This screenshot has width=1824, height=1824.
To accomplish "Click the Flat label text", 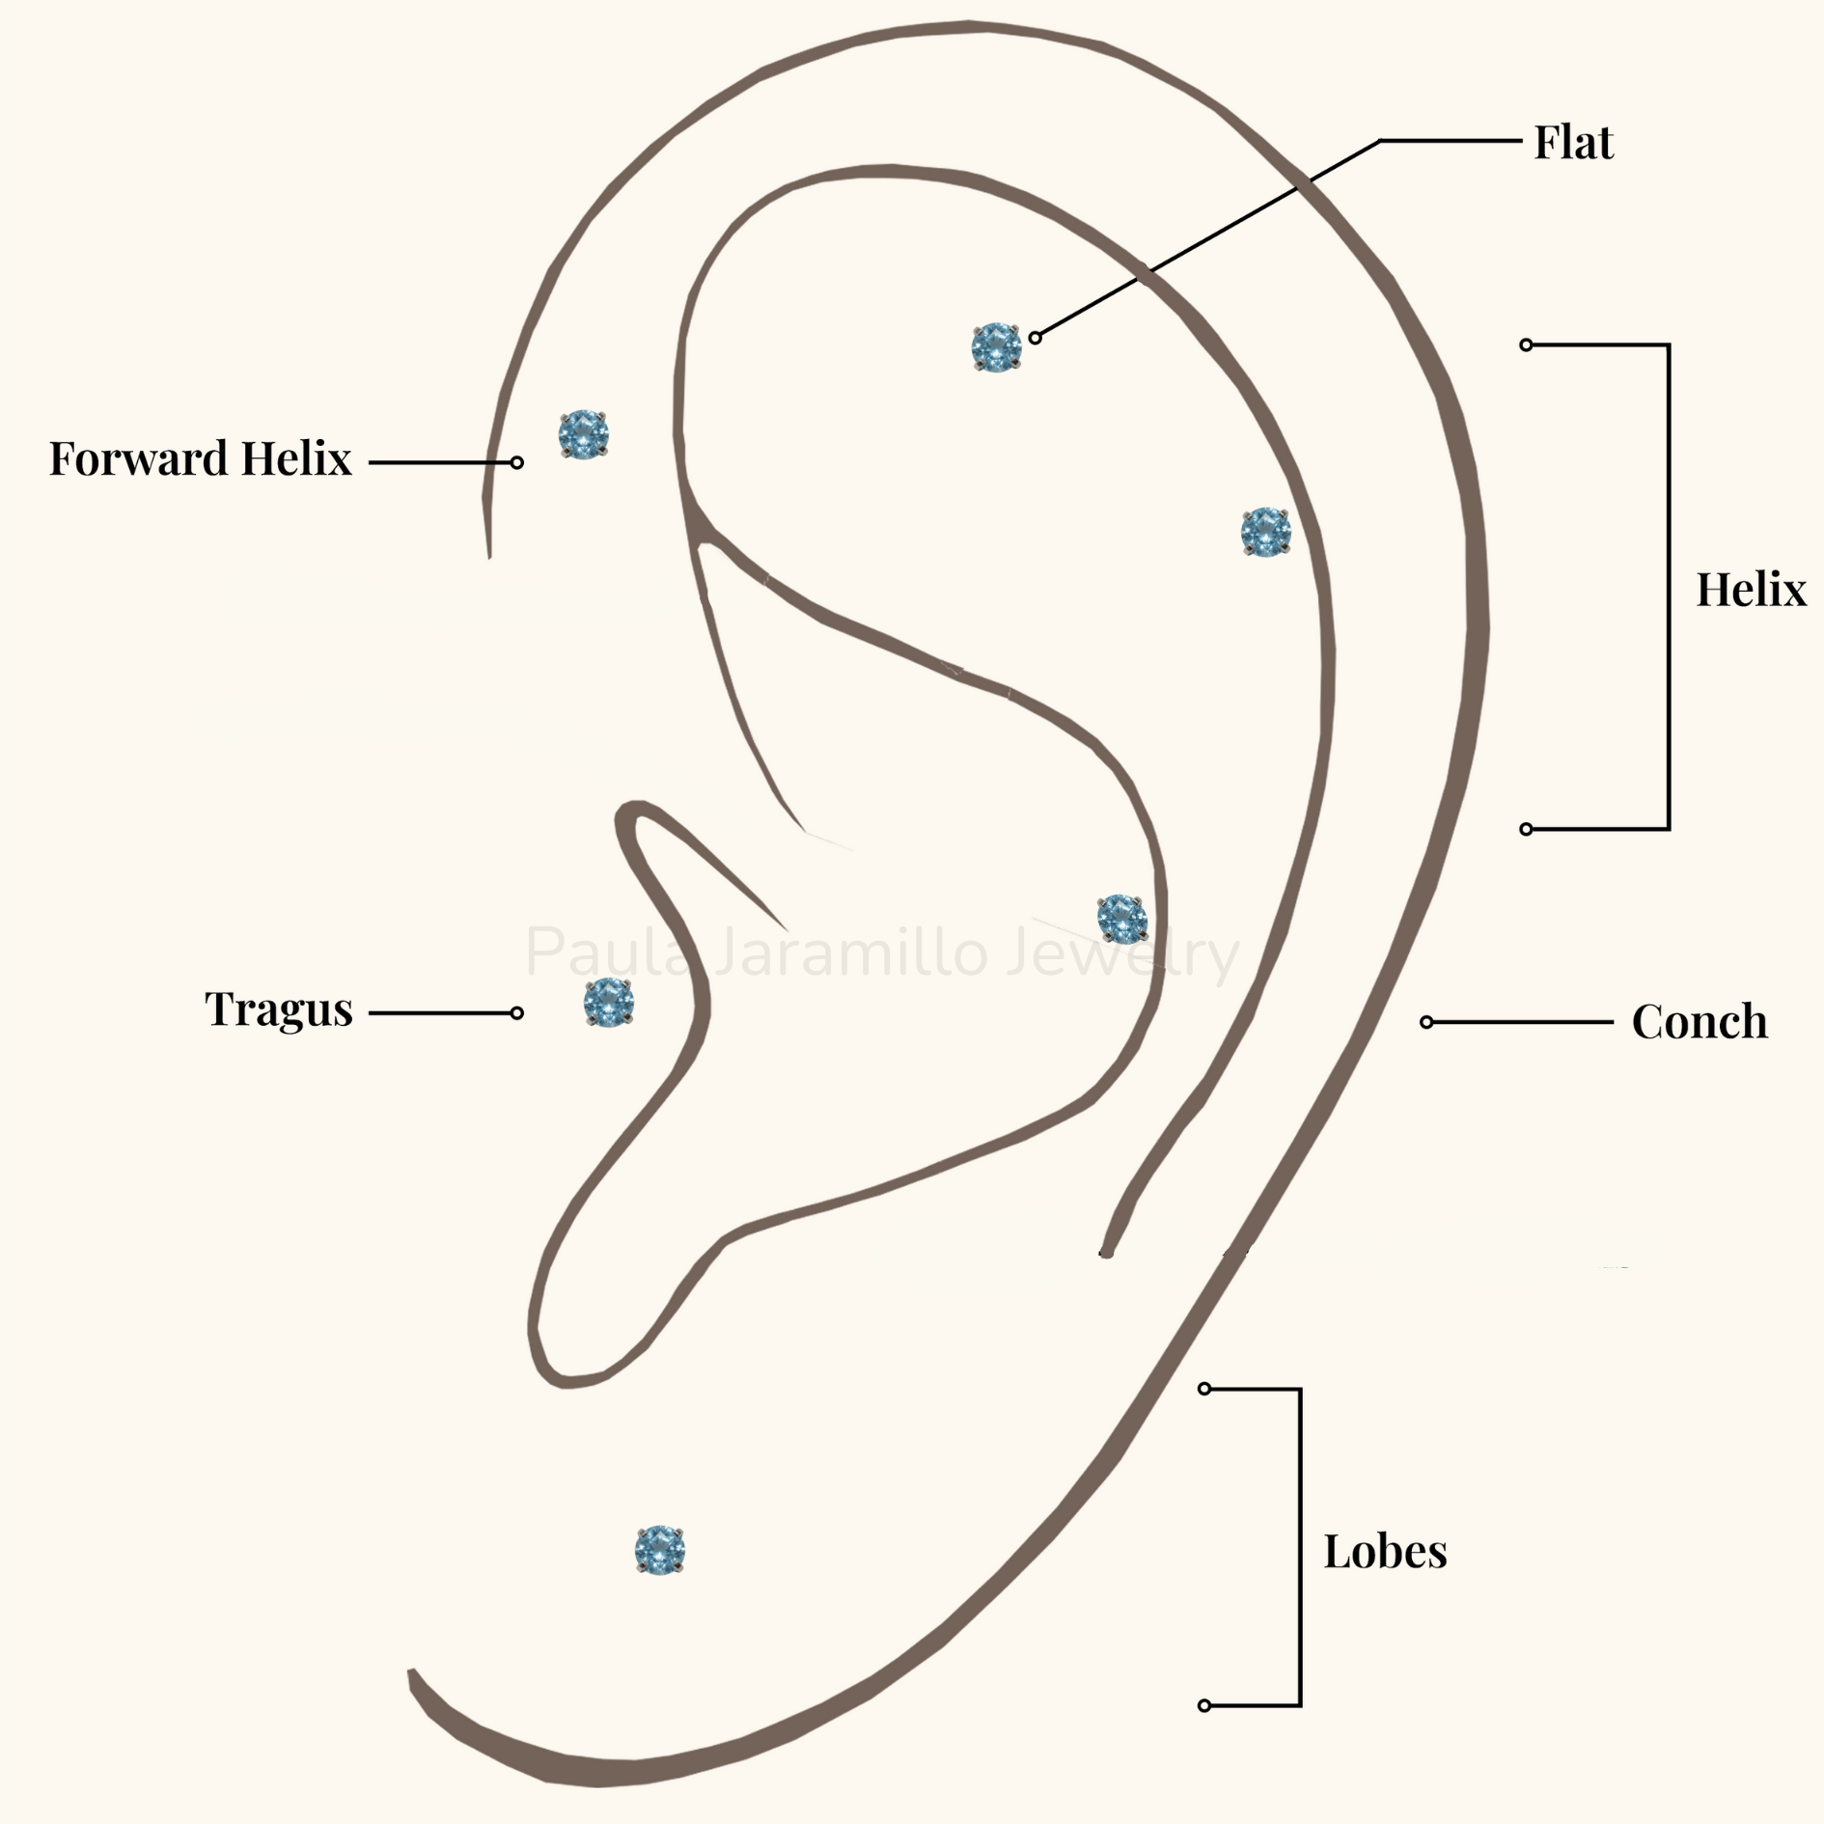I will coord(1573,143).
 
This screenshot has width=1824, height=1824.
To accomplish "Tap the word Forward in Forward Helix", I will coord(138,458).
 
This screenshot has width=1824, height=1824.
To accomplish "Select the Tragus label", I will coord(279,1009).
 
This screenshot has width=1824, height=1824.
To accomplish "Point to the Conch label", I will coord(1700,1021).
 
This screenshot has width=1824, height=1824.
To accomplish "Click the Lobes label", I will coord(1385,1551).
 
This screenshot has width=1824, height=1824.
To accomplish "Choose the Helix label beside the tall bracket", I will coord(1751,589).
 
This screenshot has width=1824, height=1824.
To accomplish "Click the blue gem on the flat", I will coord(996,347).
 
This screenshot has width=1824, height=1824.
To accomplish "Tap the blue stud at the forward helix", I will coord(583,434).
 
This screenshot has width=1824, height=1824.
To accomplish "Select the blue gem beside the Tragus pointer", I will coord(608,1002).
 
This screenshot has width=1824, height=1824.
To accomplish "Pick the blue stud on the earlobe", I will coord(659,1550).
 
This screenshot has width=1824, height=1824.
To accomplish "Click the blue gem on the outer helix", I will coord(1265,532).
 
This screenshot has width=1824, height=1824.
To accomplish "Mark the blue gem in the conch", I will coord(1121,919).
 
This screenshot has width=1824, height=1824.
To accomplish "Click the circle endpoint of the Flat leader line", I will coord(1035,338).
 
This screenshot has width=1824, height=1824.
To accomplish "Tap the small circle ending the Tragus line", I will coord(517,1013).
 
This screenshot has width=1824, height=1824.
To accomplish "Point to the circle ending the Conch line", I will coord(1426,1022).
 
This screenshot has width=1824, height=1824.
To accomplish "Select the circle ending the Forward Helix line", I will coord(517,463).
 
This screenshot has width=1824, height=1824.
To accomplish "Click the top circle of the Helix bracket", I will coord(1526,345).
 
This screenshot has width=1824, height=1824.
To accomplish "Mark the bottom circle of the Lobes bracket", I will coord(1203,1705).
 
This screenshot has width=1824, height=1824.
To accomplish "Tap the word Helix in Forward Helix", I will coord(296,458).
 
